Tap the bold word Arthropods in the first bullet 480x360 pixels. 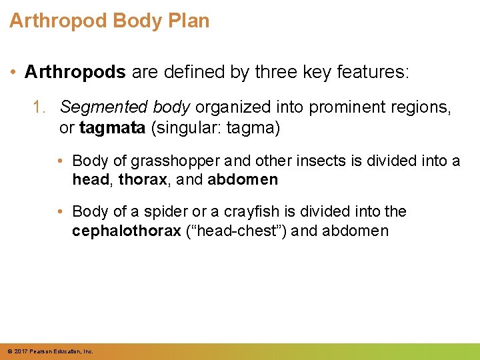(x=75, y=72)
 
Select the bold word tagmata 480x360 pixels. (x=112, y=127)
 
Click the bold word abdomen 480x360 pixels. (x=243, y=179)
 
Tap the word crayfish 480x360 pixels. (x=251, y=211)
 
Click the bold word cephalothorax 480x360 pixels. (x=126, y=231)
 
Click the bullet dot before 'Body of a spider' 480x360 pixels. (x=60, y=212)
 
